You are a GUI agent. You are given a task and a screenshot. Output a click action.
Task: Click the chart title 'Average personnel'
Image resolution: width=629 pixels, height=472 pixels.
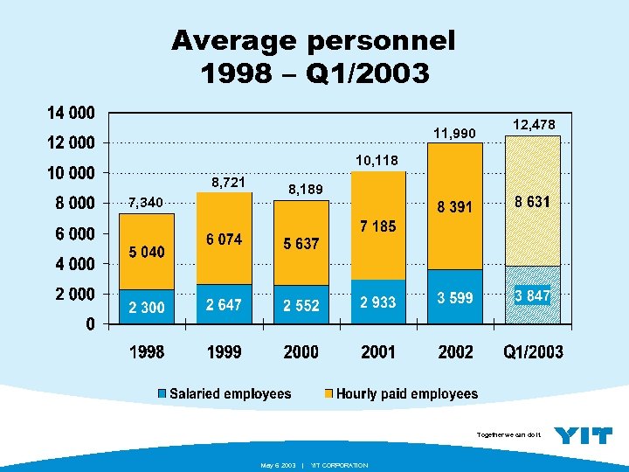(x=314, y=40)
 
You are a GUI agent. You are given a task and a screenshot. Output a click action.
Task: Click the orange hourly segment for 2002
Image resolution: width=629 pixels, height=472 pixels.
(x=455, y=206)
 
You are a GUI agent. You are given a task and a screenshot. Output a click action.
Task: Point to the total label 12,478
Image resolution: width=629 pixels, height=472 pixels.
(x=533, y=125)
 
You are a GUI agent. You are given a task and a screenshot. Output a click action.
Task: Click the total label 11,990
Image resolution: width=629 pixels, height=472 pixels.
(x=455, y=133)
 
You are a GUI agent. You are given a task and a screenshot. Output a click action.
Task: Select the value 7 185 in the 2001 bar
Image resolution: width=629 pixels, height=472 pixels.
(x=378, y=226)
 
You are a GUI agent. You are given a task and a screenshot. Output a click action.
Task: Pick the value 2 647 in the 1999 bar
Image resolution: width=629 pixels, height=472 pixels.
(x=224, y=305)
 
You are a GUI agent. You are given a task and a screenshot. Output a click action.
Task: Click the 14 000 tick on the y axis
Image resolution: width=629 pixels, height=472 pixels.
(x=71, y=113)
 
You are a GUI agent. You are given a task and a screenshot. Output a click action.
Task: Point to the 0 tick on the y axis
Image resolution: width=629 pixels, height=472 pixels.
(x=91, y=324)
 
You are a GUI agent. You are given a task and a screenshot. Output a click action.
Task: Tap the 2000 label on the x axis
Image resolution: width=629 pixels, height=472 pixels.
(x=301, y=353)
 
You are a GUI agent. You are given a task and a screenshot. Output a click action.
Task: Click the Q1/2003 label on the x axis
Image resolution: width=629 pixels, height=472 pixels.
(x=533, y=353)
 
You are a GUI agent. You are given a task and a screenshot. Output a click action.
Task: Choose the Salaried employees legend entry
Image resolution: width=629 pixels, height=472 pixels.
(x=225, y=394)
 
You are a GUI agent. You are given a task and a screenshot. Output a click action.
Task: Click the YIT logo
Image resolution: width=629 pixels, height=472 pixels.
(x=584, y=435)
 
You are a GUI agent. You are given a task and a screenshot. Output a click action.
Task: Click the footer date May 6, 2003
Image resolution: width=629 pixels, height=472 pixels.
(x=279, y=465)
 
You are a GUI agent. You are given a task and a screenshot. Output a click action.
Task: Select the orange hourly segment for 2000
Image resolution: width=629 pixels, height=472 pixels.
(x=301, y=245)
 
